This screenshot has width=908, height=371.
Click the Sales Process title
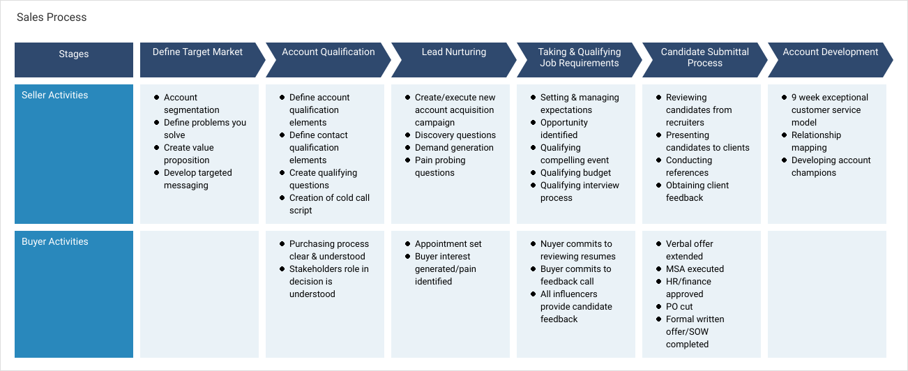pos(52,17)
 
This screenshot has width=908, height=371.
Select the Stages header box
pos(74,60)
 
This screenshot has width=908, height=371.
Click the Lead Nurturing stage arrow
pos(453,60)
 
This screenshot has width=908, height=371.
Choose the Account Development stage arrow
pos(830,60)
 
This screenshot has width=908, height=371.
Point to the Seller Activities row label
pos(54,95)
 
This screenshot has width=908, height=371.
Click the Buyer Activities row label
pos(54,241)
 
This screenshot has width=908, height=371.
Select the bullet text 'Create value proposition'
pos(189,153)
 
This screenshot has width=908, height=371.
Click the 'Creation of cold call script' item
pos(330,204)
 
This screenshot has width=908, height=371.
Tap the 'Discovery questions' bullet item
pos(455,135)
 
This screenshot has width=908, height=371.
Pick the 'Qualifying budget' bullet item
pos(575,173)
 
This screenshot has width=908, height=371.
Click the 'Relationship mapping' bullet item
pos(817,141)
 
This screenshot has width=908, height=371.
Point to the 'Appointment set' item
pos(448,243)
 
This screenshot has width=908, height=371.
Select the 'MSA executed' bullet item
pos(695,268)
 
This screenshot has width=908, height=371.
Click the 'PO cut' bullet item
pos(679,307)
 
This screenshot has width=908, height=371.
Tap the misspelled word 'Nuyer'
pos(553,243)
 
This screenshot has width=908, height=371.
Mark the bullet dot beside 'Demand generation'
pos(407,148)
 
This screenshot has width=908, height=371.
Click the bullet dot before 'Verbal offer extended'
pos(659,243)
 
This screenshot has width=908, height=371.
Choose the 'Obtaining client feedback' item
pos(697,191)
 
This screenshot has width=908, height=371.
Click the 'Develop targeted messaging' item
pos(198,179)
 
